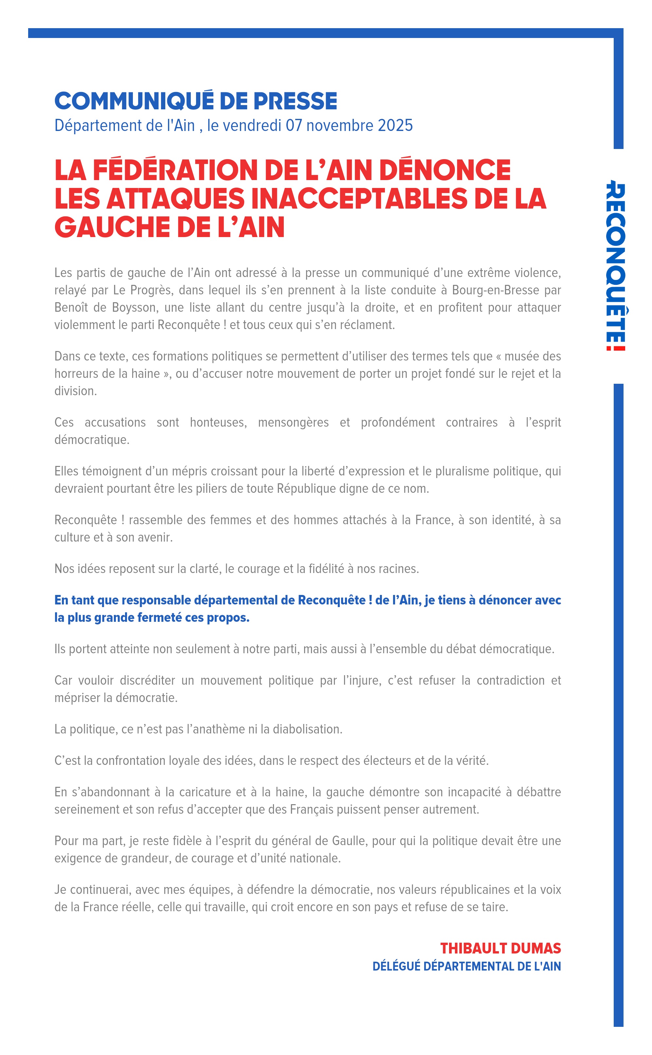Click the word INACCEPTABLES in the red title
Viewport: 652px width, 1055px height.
coord(358,198)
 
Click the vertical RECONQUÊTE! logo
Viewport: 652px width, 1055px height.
coord(616,268)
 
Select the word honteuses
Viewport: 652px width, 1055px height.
coord(218,422)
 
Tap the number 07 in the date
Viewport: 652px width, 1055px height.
coord(294,125)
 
